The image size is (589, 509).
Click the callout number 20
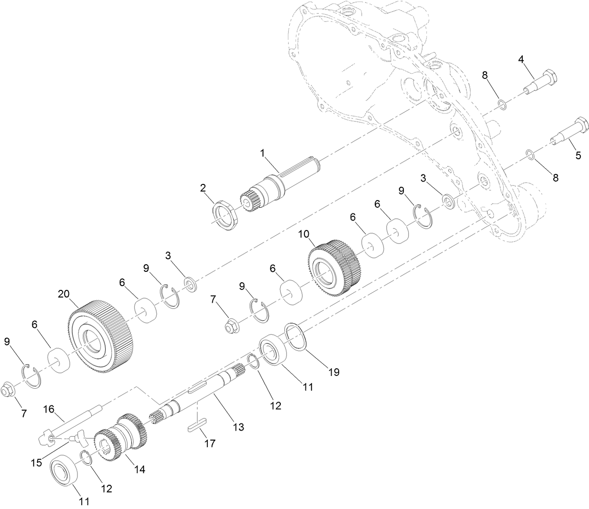point(64,294)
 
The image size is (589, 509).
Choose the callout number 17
point(209,444)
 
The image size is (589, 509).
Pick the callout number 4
point(521,59)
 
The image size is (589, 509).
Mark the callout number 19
point(334,372)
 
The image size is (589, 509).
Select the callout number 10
point(304,234)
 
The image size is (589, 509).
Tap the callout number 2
point(203,188)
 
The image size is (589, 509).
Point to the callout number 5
point(578,155)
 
